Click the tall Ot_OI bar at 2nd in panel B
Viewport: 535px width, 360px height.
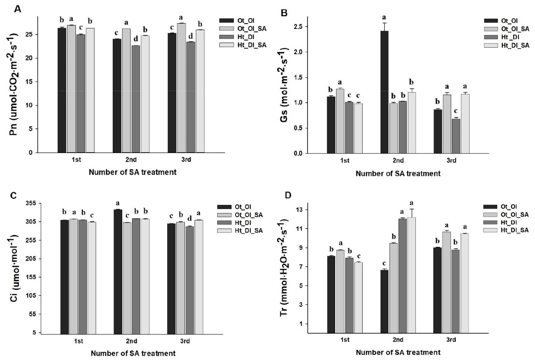[385, 92]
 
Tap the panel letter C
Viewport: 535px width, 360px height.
[13, 195]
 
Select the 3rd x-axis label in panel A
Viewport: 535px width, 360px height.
[186, 160]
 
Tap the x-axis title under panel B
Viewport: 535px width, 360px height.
[398, 174]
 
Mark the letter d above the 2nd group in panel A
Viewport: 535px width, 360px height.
[136, 39]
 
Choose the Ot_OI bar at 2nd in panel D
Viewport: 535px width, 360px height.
[384, 302]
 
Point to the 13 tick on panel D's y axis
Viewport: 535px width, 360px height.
[300, 210]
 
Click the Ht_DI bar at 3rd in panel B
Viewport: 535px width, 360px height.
[456, 136]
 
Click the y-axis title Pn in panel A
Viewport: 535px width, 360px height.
[14, 86]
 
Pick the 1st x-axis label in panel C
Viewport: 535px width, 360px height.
[78, 341]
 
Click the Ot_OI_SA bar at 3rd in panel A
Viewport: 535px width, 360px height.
[181, 88]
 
